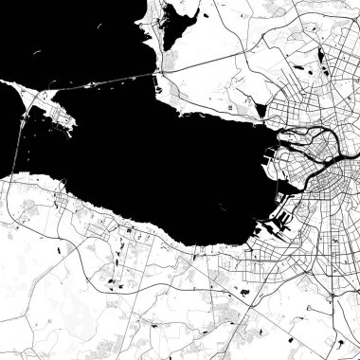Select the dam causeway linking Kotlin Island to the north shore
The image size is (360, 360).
point(114,79)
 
